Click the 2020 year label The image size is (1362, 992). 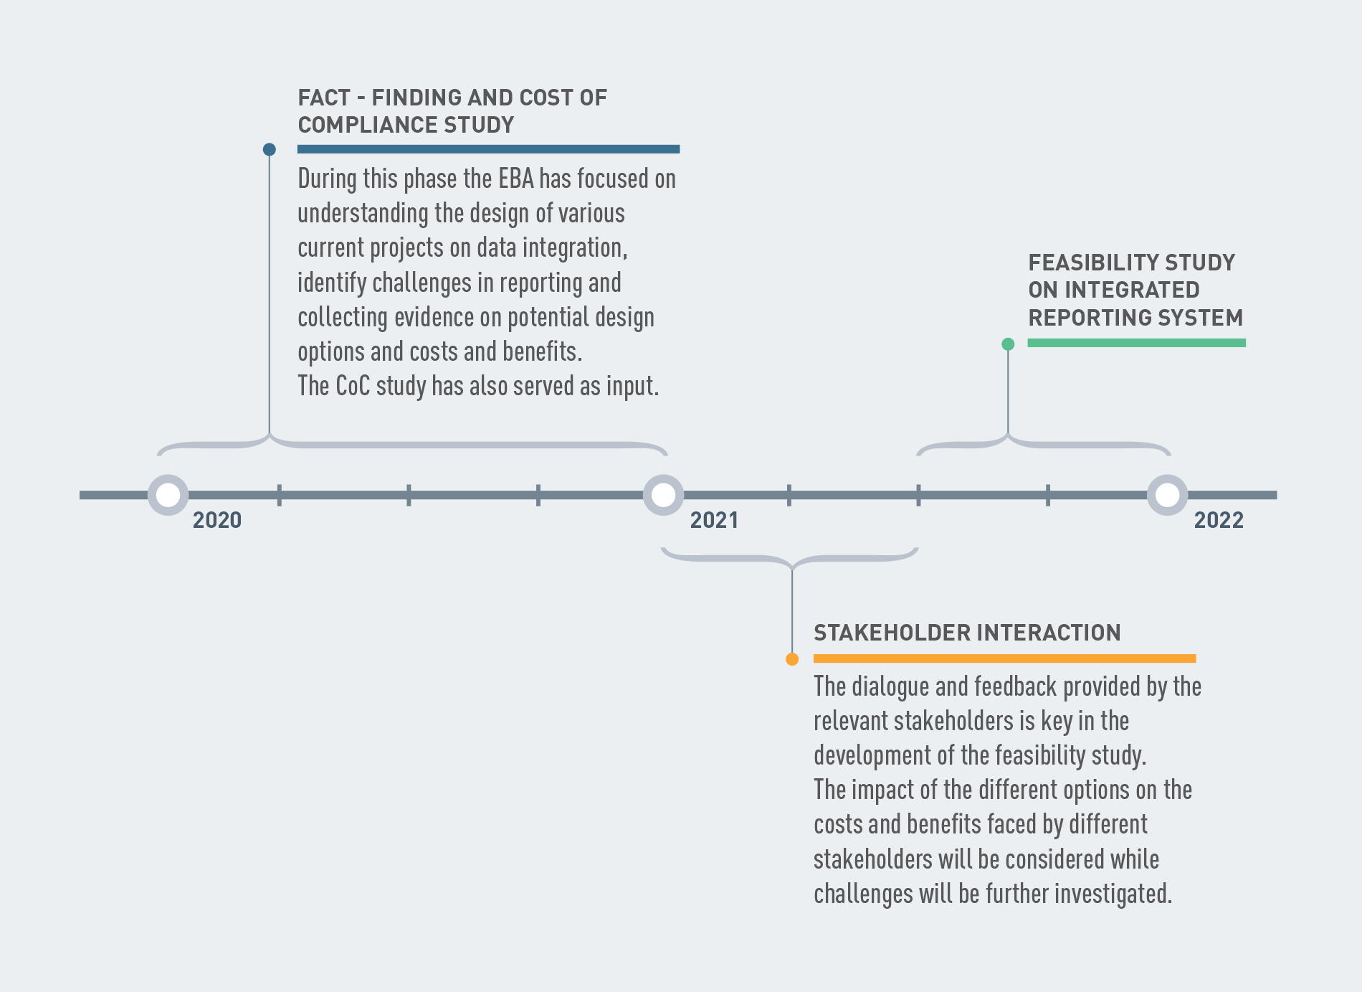[217, 520]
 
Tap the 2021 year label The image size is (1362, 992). [714, 520]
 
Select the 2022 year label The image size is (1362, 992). [1219, 520]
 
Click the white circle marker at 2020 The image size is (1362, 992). [168, 495]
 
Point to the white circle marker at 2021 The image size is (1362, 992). [663, 495]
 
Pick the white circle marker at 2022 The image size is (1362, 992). [1167, 495]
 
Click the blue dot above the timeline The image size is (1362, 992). [270, 149]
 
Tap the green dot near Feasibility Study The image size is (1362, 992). [1008, 344]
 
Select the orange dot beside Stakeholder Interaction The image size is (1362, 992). [792, 659]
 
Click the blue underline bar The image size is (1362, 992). [488, 149]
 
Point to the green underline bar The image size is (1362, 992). [1136, 343]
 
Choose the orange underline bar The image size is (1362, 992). [1004, 658]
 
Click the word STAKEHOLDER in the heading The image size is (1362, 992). [891, 633]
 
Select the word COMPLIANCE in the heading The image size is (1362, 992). [367, 125]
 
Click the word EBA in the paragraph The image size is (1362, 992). [516, 179]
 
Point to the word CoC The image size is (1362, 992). [353, 386]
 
